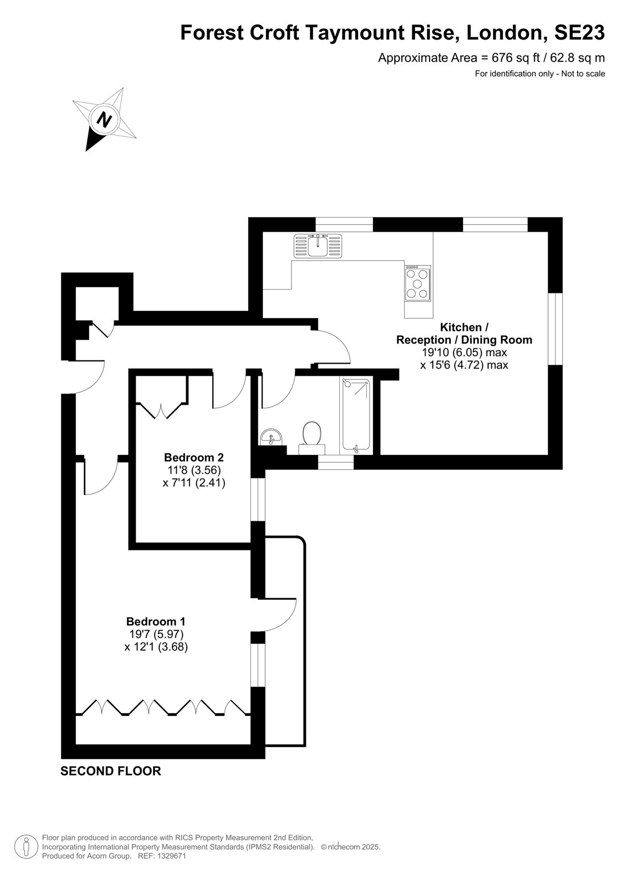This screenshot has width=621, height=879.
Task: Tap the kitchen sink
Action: (317, 246)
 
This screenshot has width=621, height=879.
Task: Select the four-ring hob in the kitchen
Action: (417, 283)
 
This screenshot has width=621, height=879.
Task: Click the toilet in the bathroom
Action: (312, 438)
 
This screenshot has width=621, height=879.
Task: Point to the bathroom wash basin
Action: (270, 437)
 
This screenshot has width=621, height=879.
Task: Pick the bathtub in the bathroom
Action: (356, 414)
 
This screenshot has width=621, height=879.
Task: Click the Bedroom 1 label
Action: (156, 621)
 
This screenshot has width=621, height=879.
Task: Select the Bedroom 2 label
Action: (194, 457)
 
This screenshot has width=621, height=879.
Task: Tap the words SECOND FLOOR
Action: (110, 771)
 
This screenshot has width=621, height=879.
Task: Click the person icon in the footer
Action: (26, 847)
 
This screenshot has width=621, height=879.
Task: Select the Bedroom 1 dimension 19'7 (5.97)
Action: (156, 634)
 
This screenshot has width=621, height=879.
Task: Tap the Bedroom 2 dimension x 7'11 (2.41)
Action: (194, 482)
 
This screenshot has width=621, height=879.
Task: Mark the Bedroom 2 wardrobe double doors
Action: (161, 410)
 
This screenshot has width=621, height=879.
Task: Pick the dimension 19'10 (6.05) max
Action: (464, 352)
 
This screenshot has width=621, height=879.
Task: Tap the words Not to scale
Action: (583, 74)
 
